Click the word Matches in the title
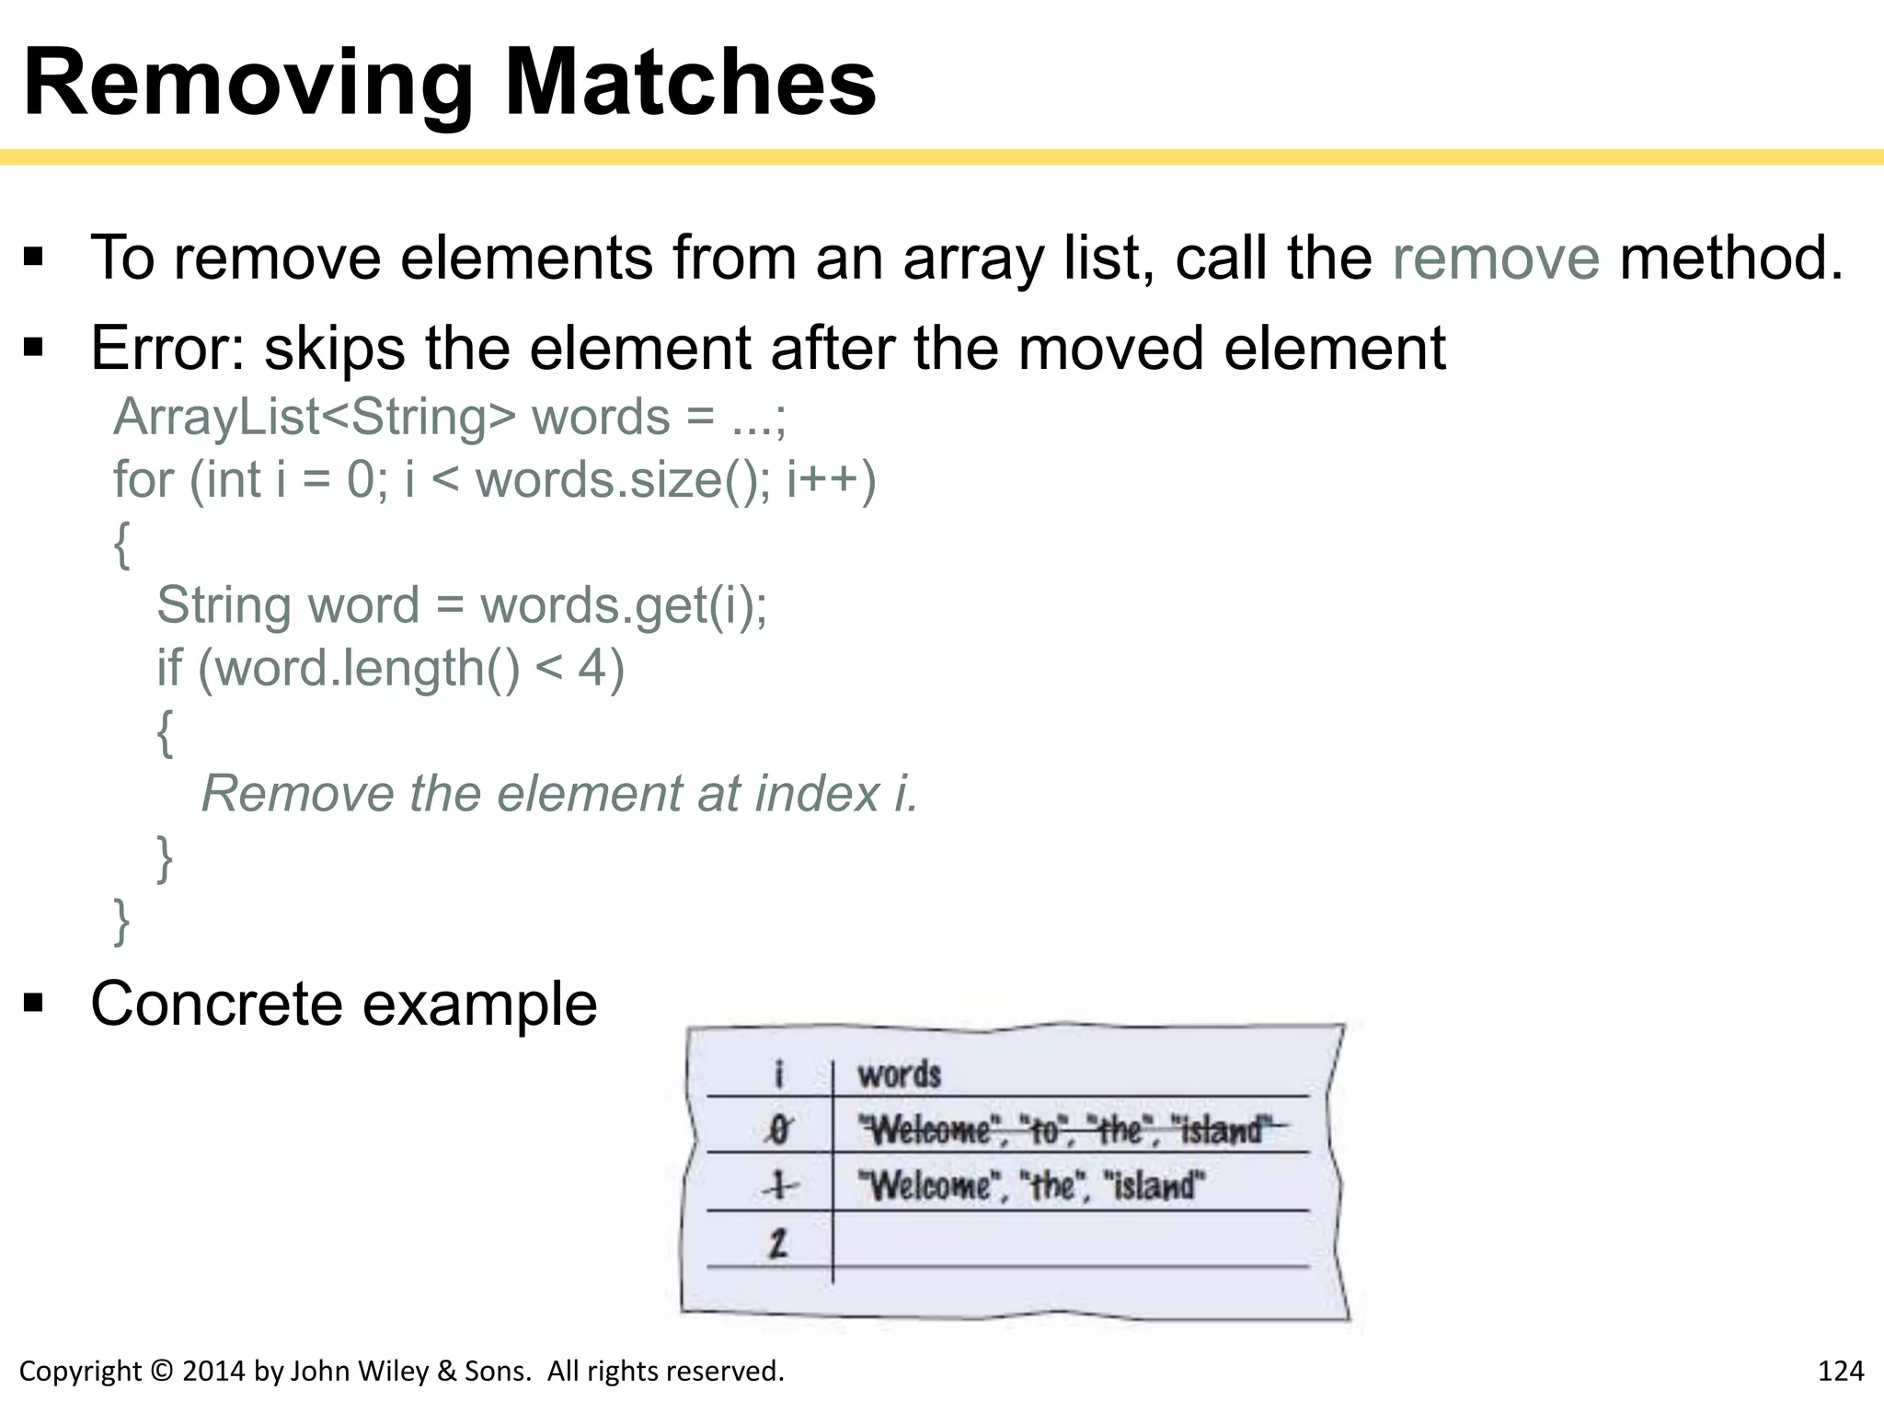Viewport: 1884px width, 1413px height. coord(690,83)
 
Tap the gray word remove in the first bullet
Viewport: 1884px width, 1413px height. coord(1496,258)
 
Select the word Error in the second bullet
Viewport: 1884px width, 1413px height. coord(156,349)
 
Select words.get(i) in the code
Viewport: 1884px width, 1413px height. coord(623,605)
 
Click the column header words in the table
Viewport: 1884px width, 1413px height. coord(899,1074)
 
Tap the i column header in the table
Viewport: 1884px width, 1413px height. coord(779,1074)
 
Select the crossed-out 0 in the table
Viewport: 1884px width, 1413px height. coord(779,1129)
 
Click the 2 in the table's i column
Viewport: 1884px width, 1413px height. coord(778,1243)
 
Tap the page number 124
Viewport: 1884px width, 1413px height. coord(1840,1372)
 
